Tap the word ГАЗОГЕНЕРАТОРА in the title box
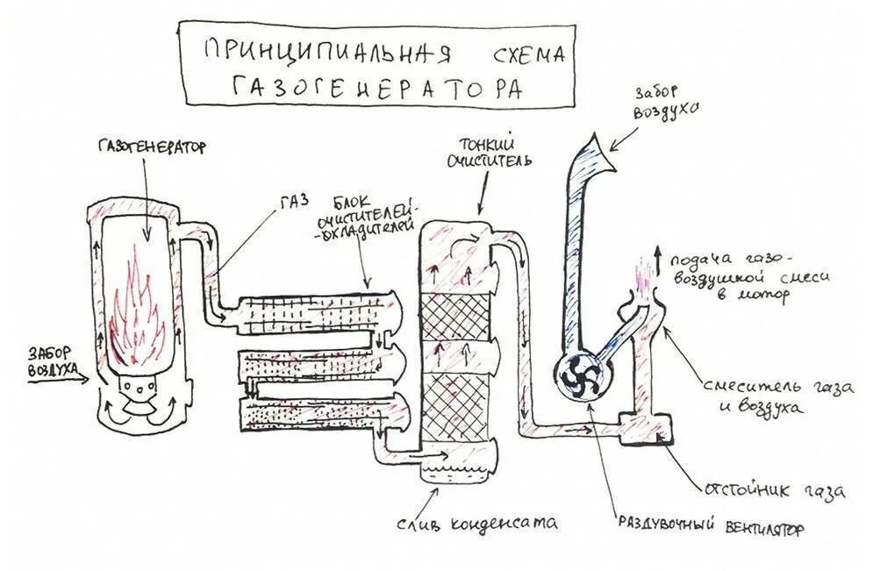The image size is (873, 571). (x=377, y=87)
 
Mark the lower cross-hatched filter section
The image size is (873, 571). (x=454, y=403)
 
